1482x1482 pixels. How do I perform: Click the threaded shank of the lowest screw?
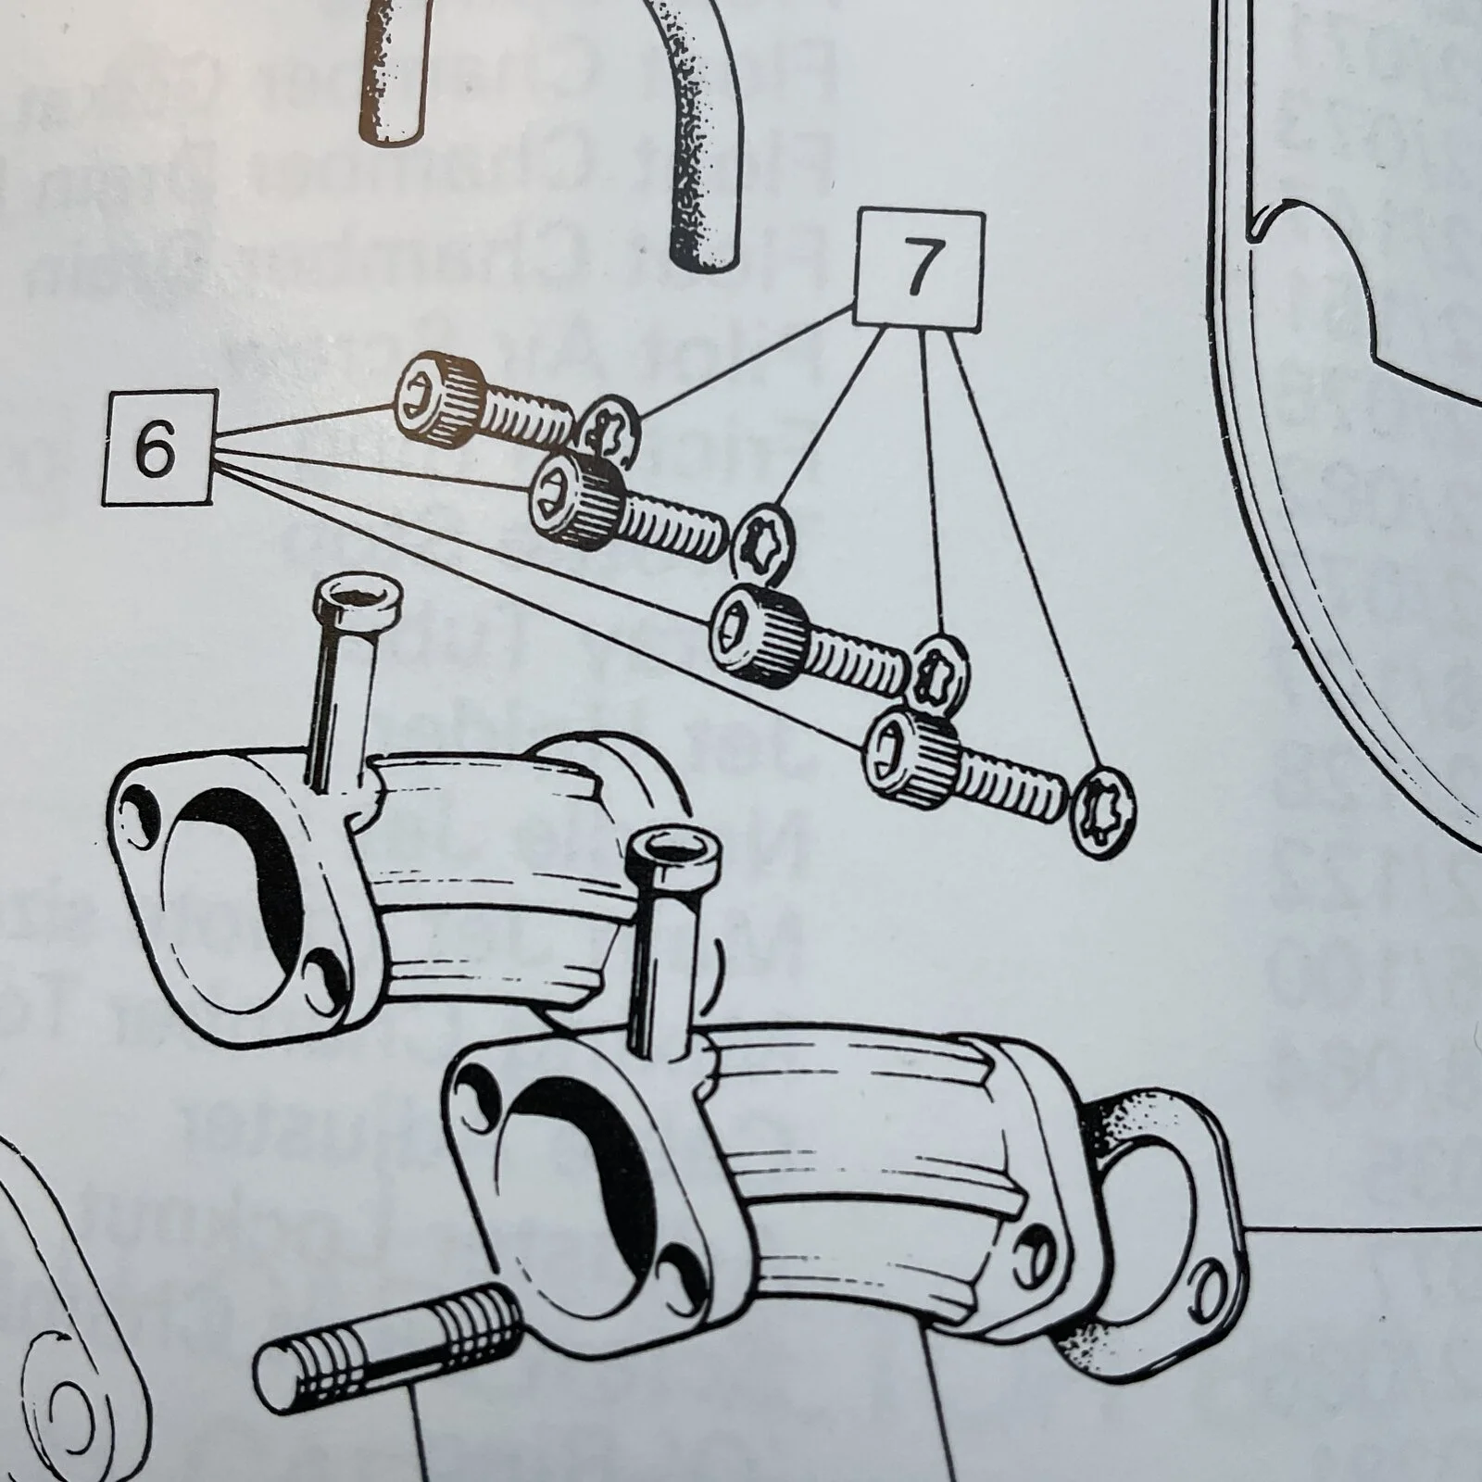click(1010, 783)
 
